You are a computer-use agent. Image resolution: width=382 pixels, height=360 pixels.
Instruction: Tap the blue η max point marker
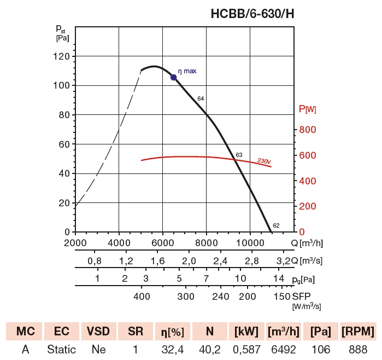click(174, 77)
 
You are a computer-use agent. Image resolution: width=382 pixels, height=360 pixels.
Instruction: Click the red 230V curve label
click(264, 161)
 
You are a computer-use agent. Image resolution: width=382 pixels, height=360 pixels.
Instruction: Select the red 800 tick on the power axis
click(308, 130)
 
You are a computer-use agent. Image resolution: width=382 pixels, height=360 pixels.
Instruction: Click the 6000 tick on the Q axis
click(162, 243)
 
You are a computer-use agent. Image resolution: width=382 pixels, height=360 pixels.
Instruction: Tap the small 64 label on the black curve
click(201, 98)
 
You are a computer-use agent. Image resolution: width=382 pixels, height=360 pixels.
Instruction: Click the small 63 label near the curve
click(239, 155)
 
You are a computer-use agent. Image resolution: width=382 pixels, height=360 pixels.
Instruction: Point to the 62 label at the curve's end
click(276, 225)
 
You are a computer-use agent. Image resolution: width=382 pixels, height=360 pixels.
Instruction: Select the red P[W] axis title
click(308, 109)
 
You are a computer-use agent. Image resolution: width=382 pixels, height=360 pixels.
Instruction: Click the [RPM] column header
click(358, 332)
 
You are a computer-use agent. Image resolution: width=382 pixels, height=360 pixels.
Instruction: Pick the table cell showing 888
click(358, 349)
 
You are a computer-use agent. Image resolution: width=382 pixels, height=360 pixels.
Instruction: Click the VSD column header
click(98, 332)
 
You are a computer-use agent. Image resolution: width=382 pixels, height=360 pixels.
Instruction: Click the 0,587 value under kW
click(246, 349)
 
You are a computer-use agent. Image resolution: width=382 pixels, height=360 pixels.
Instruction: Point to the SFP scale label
click(302, 296)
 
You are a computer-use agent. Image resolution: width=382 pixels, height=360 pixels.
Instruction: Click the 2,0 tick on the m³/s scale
click(189, 260)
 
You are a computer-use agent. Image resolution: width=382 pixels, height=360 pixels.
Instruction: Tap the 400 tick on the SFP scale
click(142, 296)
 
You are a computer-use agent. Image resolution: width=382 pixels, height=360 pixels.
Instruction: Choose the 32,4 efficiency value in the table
click(172, 349)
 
